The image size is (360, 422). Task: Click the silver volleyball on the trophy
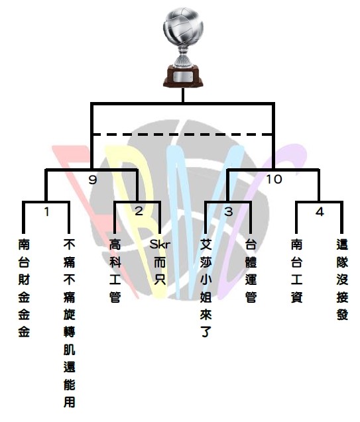pyautogui.click(x=183, y=27)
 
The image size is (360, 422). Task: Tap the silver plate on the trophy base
pyautogui.click(x=183, y=76)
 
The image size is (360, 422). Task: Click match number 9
pyautogui.click(x=93, y=180)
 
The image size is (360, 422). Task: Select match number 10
pyautogui.click(x=274, y=180)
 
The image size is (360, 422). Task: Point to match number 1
pyautogui.click(x=47, y=212)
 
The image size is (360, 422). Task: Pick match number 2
pyautogui.click(x=139, y=211)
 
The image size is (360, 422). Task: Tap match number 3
pyautogui.click(x=228, y=212)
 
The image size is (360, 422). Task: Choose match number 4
pyautogui.click(x=320, y=212)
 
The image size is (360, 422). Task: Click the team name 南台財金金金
pyautogui.click(x=24, y=288)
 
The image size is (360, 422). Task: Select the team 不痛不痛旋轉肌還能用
pyautogui.click(x=70, y=323)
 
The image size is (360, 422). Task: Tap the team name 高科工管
pyautogui.click(x=115, y=271)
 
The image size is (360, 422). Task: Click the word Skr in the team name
pyautogui.click(x=160, y=244)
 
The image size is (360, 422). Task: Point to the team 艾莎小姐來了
pyautogui.click(x=206, y=288)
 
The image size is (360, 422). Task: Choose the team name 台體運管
pyautogui.click(x=251, y=271)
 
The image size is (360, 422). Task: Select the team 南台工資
pyautogui.click(x=296, y=271)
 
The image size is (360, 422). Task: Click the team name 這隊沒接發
pyautogui.click(x=342, y=280)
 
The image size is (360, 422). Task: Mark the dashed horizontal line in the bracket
pyautogui.click(x=182, y=134)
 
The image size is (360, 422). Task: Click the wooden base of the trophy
pyautogui.click(x=183, y=76)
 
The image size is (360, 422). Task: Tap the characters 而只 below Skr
pyautogui.click(x=160, y=271)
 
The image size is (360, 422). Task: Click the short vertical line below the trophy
pyautogui.click(x=183, y=95)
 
